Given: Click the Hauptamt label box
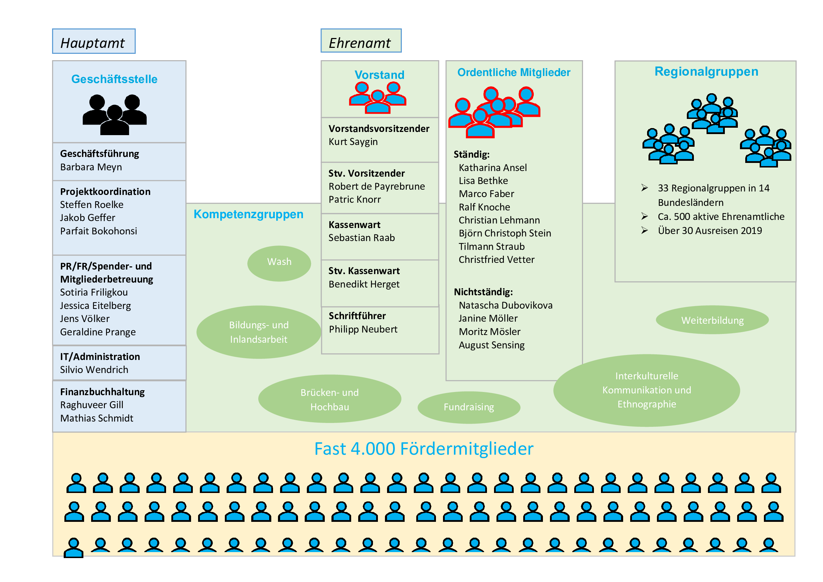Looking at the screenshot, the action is (94, 41).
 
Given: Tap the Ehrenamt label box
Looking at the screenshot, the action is (361, 40).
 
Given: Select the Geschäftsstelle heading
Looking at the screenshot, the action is (114, 79).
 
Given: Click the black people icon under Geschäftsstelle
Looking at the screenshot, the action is (115, 115).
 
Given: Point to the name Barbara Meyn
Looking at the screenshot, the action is (91, 167).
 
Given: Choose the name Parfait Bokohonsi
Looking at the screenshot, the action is (99, 231).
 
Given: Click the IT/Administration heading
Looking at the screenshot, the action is (100, 356).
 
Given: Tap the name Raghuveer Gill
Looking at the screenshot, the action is (92, 405).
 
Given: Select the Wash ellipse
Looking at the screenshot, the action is (279, 264).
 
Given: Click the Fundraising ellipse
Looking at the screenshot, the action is (469, 407).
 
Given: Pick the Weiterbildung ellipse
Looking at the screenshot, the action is (712, 320).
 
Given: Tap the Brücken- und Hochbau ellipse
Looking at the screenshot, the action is (330, 399).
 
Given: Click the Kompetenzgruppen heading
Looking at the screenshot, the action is (248, 214).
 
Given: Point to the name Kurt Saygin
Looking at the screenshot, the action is (353, 142).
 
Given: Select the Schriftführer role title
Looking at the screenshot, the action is (357, 316).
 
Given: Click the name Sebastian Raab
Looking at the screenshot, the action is (362, 238).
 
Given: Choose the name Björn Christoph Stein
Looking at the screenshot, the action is (505, 233).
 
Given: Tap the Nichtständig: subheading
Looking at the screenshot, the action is (483, 292).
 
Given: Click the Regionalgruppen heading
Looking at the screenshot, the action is (707, 72).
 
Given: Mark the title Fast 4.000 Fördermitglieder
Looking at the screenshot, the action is (424, 449).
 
